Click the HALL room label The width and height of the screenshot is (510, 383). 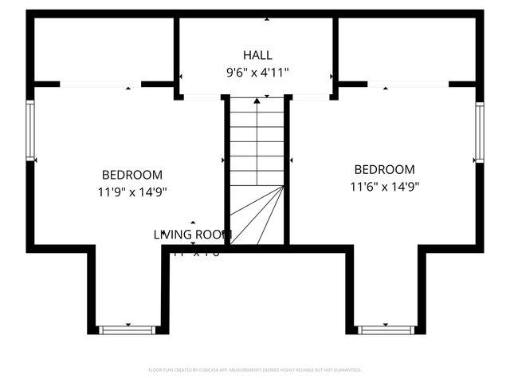[x=257, y=55]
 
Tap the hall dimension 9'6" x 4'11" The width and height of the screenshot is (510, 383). [x=257, y=73]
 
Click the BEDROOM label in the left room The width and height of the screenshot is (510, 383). [x=132, y=175]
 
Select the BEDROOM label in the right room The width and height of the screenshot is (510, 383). [x=385, y=169]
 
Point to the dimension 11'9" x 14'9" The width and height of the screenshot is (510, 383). [x=132, y=191]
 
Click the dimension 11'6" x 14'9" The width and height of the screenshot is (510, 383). [x=385, y=187]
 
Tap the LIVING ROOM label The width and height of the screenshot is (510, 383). [x=193, y=235]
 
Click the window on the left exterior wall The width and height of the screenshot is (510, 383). [x=31, y=129]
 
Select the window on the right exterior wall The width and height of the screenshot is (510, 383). [x=480, y=132]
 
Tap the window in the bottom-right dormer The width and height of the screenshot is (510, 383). [x=386, y=329]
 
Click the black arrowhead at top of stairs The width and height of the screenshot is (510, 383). [x=257, y=101]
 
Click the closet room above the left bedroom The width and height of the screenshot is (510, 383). [x=104, y=48]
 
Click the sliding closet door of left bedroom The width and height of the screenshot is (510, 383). [x=100, y=83]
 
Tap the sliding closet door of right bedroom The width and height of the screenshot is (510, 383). [x=408, y=83]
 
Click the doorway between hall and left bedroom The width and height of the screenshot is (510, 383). [x=202, y=97]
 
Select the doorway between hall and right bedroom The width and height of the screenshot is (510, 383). [x=312, y=97]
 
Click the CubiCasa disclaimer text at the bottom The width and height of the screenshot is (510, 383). [x=255, y=370]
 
